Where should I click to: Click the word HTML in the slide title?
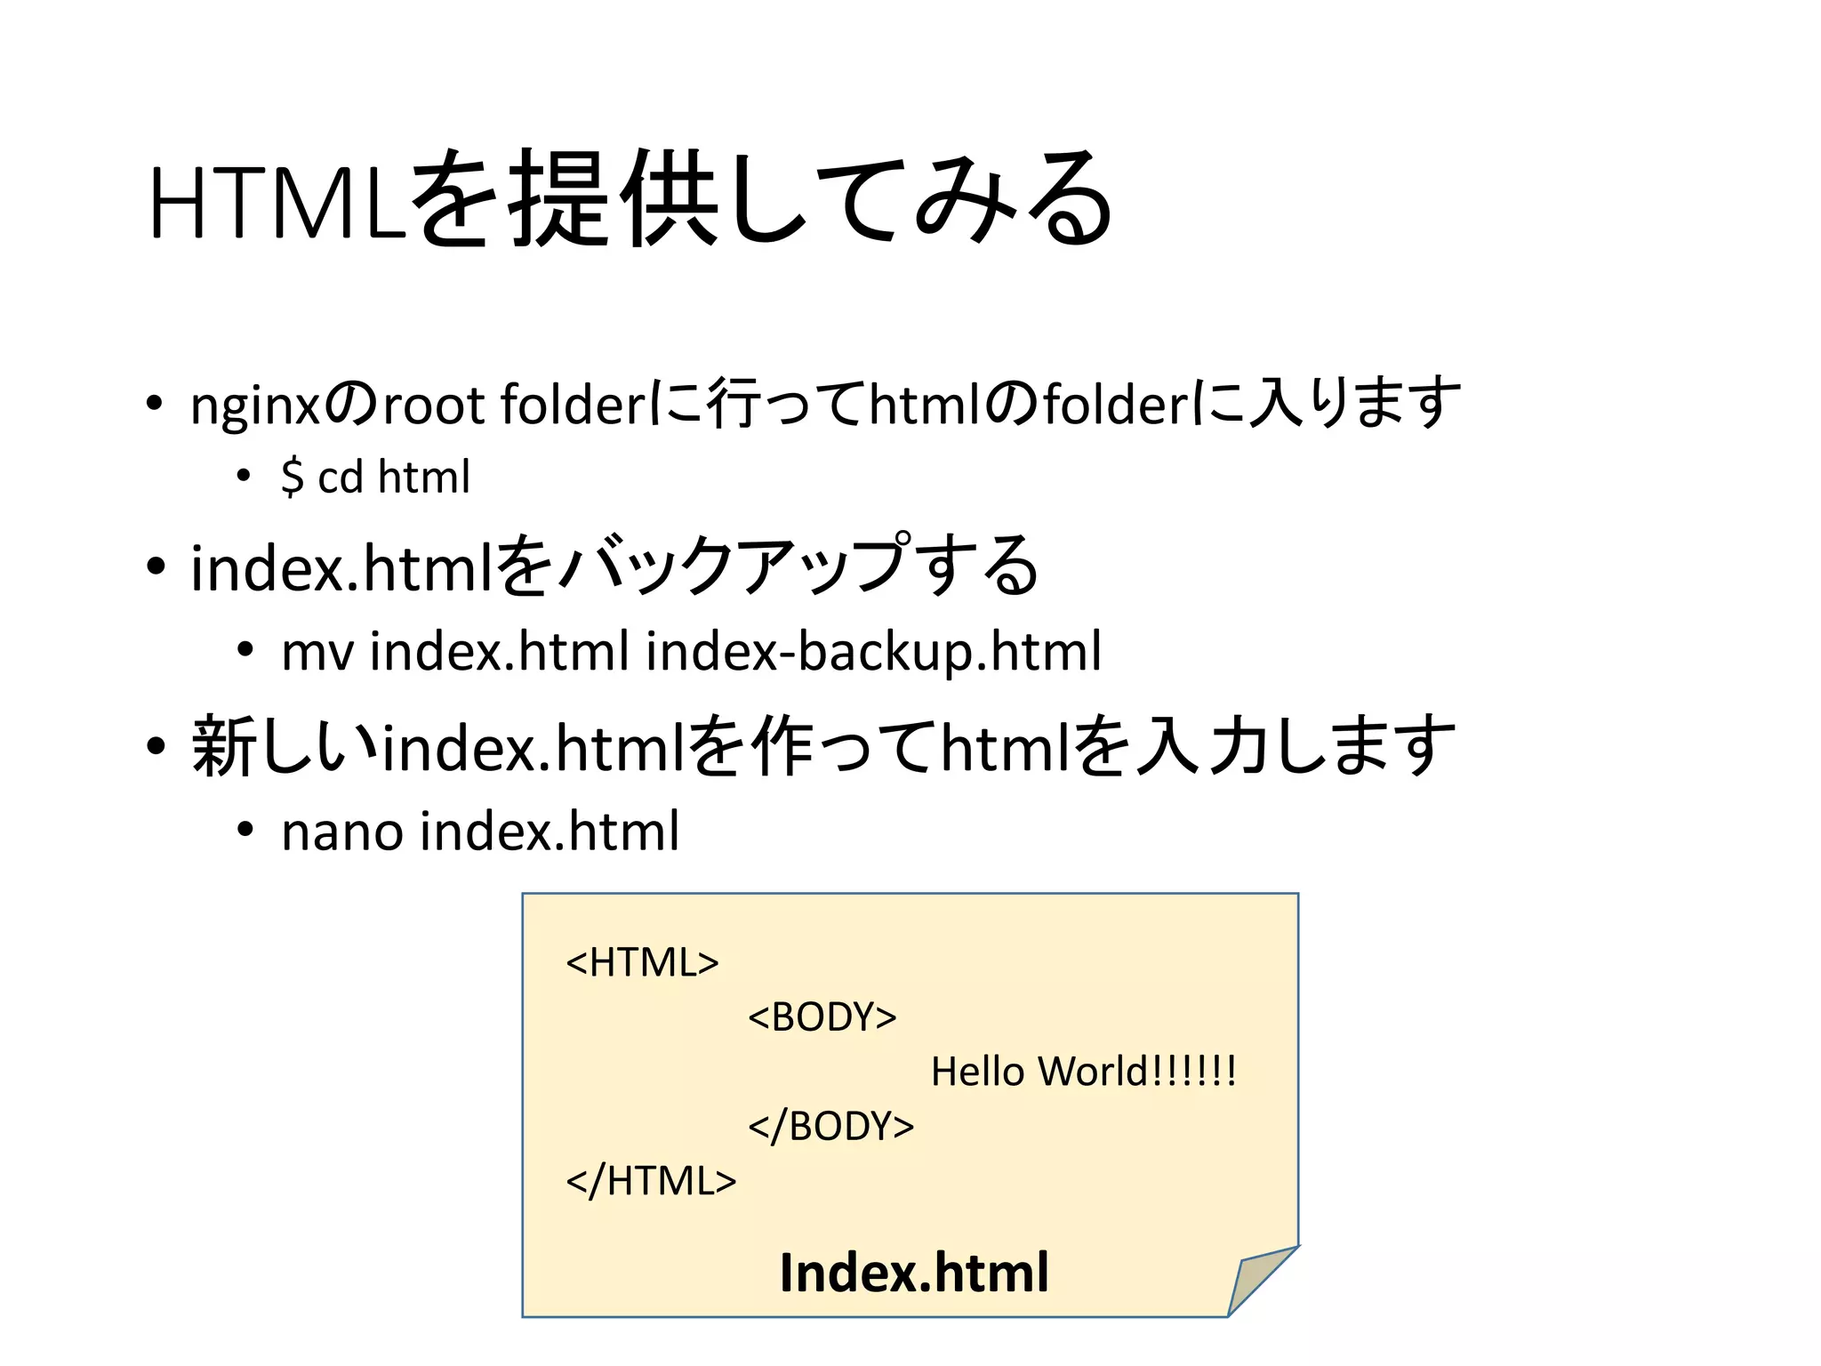tap(277, 203)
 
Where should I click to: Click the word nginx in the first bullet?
tap(255, 406)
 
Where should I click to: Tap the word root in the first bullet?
tap(433, 405)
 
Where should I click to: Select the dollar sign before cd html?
tap(292, 478)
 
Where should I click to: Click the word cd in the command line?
tap(341, 478)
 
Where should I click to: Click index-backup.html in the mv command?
tap(873, 652)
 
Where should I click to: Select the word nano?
tap(341, 832)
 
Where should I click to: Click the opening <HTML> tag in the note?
tap(642, 962)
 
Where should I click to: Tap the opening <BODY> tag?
tap(822, 1016)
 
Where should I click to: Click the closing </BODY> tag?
tap(830, 1126)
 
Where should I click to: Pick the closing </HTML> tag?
tap(651, 1181)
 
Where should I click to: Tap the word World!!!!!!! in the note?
tap(1137, 1072)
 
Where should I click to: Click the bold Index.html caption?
tap(914, 1273)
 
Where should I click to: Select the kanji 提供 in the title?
tap(614, 200)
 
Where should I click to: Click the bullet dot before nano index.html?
tap(245, 830)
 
